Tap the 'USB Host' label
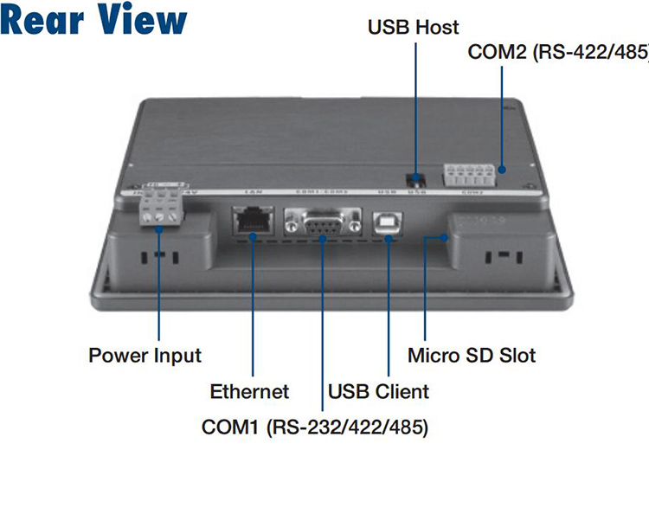(414, 28)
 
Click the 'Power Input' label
(145, 356)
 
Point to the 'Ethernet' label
(249, 391)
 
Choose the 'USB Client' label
(378, 391)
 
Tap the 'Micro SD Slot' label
(472, 356)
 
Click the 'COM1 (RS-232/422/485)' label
(315, 427)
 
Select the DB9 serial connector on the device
(323, 223)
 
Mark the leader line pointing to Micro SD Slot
(425, 294)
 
